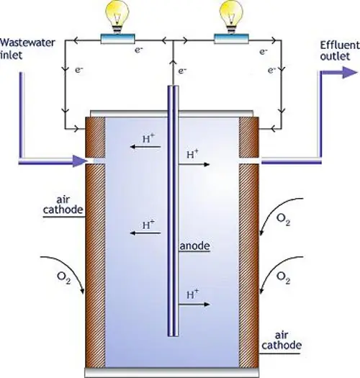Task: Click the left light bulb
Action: tap(117, 17)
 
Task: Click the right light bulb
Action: tap(231, 17)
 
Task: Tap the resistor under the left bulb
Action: tap(117, 39)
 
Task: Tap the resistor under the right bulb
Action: tap(231, 39)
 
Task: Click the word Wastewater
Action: tap(28, 43)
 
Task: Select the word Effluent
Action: tap(340, 45)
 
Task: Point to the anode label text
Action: tap(195, 246)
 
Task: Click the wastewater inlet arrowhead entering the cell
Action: tap(80, 161)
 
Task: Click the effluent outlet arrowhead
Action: tap(350, 72)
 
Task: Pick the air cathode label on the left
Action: tap(63, 204)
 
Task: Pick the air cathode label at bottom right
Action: tap(282, 341)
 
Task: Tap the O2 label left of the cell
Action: tap(64, 278)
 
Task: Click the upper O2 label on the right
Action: tap(283, 220)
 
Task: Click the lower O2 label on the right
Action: tap(283, 278)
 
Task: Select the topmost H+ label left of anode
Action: tap(148, 139)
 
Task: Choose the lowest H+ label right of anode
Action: tap(193, 294)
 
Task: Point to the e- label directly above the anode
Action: tap(182, 71)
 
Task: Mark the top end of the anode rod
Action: tap(173, 86)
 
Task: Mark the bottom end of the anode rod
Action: tap(173, 336)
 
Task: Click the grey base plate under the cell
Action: tap(172, 372)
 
